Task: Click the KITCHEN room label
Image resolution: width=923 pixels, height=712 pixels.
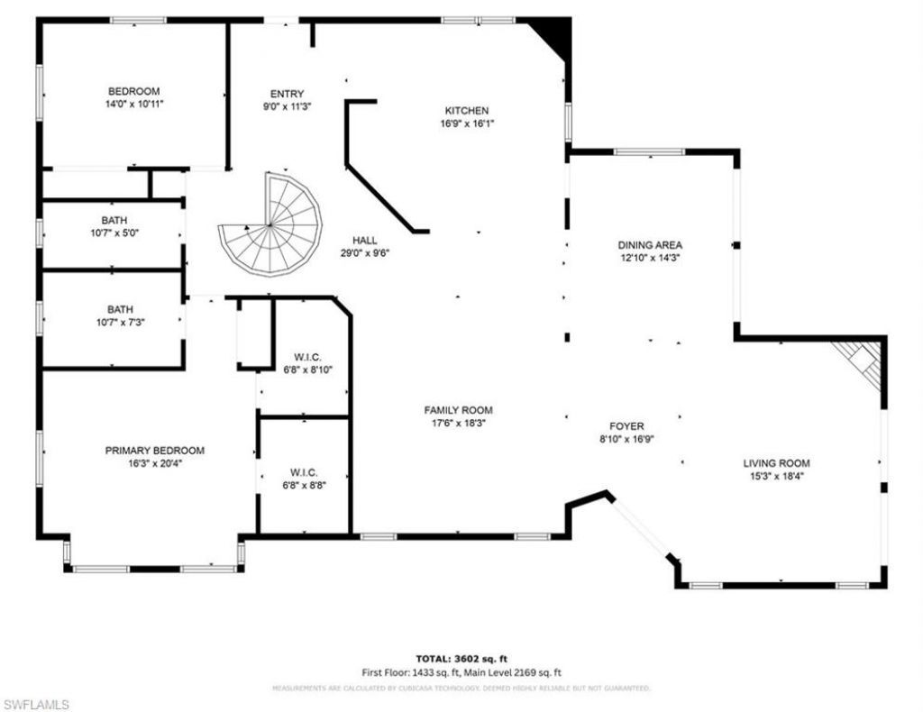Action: pos(465,110)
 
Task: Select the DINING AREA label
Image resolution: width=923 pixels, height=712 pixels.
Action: pos(650,244)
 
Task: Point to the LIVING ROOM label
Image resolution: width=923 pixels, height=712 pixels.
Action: pos(776,462)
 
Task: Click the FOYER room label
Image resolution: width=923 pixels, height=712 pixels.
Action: pos(626,426)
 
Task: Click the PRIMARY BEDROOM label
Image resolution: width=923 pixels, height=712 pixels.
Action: pos(154,451)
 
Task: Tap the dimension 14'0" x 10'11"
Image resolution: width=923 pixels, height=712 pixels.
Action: pos(134,104)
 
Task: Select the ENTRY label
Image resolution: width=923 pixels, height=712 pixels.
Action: pos(288,94)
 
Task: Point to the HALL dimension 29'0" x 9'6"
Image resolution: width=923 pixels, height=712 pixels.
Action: pos(365,253)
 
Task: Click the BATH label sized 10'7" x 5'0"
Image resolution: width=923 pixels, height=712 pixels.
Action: pos(114,220)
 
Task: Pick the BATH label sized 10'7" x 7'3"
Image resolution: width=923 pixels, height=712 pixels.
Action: pos(114,308)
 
